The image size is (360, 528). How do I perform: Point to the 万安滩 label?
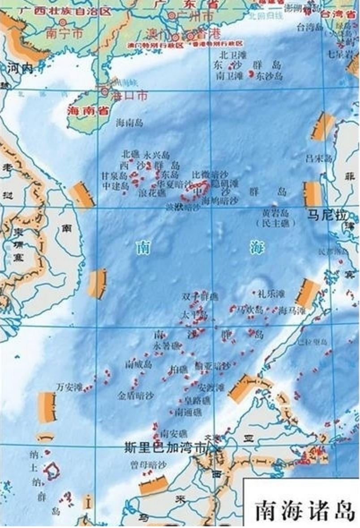click(70, 387)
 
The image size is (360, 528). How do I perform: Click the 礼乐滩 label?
click(270, 294)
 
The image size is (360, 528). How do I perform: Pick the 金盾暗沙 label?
click(136, 396)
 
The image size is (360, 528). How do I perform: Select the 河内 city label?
click(20, 68)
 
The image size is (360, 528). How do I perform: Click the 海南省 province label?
click(84, 111)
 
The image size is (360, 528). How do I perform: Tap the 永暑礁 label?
click(167, 346)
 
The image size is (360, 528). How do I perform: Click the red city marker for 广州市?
click(172, 15)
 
